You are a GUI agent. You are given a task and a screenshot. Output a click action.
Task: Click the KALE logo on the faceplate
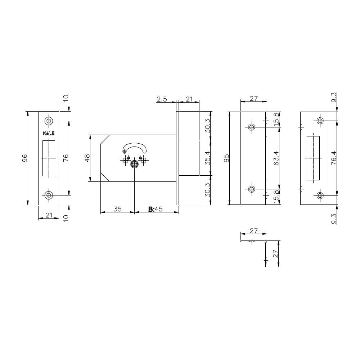click(x=49, y=134)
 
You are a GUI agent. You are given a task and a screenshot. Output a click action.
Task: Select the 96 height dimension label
click(x=24, y=158)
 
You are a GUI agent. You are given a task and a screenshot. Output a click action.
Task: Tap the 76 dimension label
click(x=66, y=158)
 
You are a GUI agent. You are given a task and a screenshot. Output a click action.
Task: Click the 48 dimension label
click(x=87, y=158)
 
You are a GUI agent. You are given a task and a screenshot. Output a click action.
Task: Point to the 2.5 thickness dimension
click(x=162, y=99)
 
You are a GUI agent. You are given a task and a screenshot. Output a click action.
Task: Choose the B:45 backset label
click(x=155, y=209)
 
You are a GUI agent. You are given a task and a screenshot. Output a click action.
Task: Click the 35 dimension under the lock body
click(x=117, y=209)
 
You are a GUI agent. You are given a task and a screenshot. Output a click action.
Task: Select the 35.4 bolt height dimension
click(x=208, y=158)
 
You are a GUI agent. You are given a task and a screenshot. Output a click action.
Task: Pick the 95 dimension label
click(x=226, y=158)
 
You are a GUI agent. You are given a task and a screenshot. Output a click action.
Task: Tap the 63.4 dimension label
click(x=276, y=158)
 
